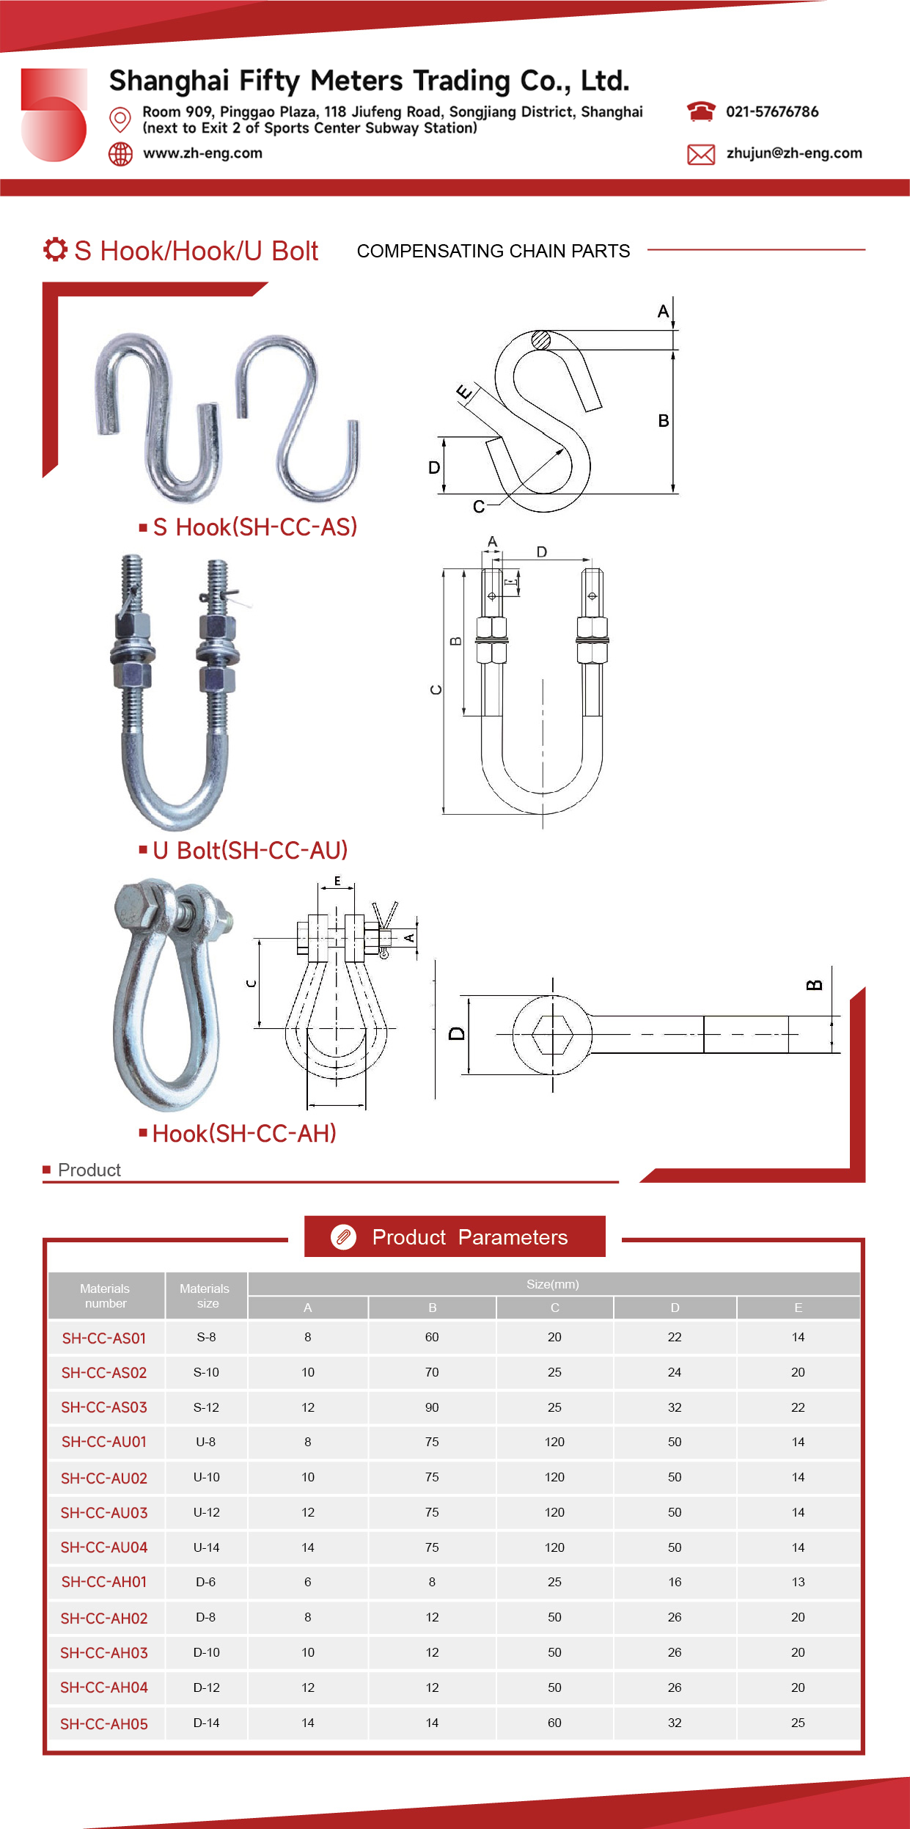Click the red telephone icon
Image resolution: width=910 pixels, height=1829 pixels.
click(x=701, y=111)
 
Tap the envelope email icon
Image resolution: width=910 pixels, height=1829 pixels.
click(x=701, y=154)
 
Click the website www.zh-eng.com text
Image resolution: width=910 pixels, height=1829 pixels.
click(x=202, y=153)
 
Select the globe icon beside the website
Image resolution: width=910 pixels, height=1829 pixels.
click(x=120, y=154)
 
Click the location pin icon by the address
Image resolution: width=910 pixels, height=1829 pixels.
click(x=120, y=119)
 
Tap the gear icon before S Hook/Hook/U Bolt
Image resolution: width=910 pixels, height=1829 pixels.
click(x=55, y=249)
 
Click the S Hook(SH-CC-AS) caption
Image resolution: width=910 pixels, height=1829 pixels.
click(x=255, y=527)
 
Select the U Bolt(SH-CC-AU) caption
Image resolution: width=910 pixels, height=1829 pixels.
click(x=250, y=851)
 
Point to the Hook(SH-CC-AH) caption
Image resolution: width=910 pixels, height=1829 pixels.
click(x=244, y=1134)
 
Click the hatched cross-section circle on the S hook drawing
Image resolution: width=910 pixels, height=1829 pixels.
click(x=541, y=340)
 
